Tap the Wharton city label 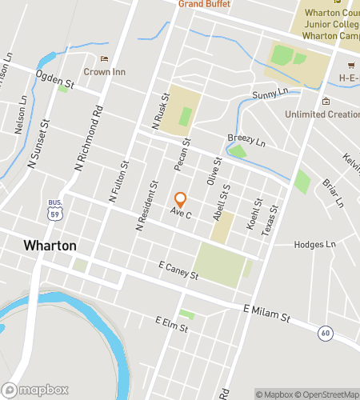tap(50, 246)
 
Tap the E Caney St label tap(178, 270)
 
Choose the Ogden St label tap(54, 78)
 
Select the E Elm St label tap(173, 324)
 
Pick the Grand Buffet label tap(204, 4)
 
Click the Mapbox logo tap(36, 390)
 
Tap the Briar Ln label tap(332, 192)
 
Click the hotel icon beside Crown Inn tap(103, 58)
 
